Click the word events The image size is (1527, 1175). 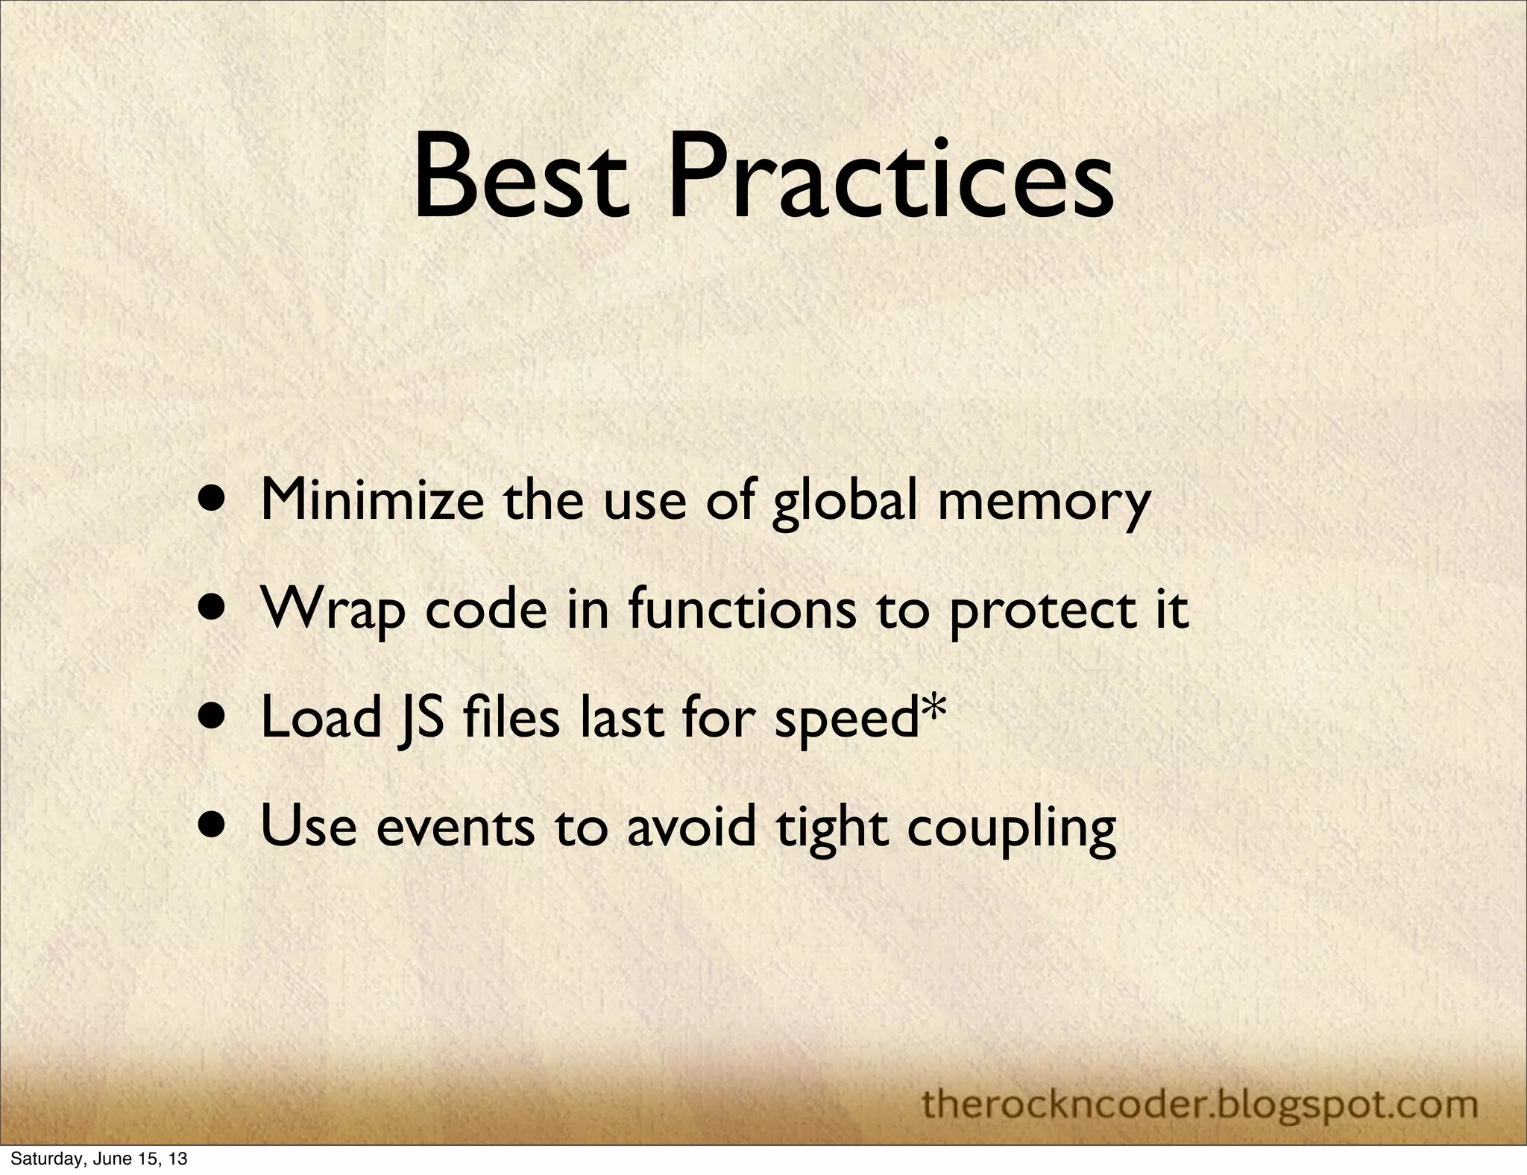(x=456, y=828)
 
